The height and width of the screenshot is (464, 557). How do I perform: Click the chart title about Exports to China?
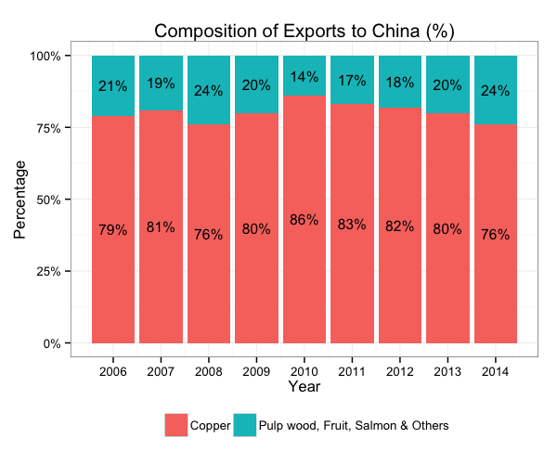[x=304, y=31]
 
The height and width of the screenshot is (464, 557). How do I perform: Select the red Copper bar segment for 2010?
[x=304, y=278]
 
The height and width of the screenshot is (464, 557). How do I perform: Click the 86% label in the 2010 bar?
[x=304, y=220]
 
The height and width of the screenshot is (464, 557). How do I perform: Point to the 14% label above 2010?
[x=304, y=76]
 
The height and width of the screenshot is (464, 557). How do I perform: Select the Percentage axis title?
[x=19, y=200]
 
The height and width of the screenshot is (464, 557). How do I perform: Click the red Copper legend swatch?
[x=176, y=425]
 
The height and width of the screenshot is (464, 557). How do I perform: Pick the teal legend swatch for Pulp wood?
[x=244, y=425]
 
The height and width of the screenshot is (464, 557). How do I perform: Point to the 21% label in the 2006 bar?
[x=113, y=86]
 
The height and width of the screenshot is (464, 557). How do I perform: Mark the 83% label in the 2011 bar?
[x=352, y=224]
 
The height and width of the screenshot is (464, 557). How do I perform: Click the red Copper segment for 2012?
[x=400, y=278]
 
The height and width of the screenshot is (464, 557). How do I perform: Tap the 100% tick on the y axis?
[x=45, y=56]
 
